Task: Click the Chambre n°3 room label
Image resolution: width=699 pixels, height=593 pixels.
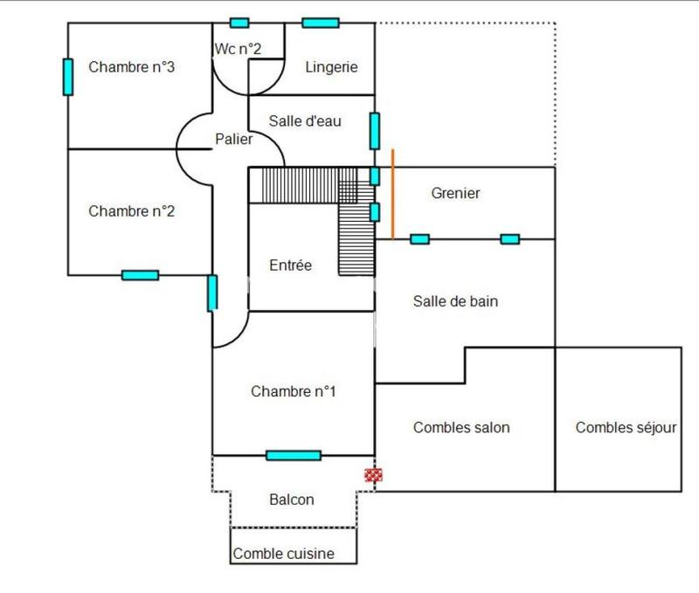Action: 133,67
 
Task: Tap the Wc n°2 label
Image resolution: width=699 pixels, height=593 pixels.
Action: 238,49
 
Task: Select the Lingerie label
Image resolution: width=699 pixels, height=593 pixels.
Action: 331,67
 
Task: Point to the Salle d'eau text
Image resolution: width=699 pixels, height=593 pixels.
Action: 305,121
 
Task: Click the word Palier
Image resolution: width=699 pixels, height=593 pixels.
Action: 234,139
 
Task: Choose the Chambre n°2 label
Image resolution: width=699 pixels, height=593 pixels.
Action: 133,210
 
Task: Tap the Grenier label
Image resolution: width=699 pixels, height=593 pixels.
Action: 455,193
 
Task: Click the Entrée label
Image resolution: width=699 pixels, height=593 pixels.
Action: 290,265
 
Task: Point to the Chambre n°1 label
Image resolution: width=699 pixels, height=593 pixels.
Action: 294,391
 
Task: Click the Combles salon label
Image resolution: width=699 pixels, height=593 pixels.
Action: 461,427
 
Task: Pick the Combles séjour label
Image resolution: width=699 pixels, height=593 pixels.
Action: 626,427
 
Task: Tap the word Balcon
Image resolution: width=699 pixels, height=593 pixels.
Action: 292,500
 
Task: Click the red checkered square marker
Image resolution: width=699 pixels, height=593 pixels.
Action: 374,475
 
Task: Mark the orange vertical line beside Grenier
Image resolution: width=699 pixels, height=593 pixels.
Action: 392,193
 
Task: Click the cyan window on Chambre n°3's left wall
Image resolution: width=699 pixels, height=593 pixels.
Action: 67,76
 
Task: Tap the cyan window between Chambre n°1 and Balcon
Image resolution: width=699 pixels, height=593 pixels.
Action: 294,455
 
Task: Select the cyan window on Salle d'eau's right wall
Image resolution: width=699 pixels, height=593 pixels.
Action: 374,130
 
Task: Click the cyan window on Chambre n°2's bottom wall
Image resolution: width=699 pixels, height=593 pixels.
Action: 140,275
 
